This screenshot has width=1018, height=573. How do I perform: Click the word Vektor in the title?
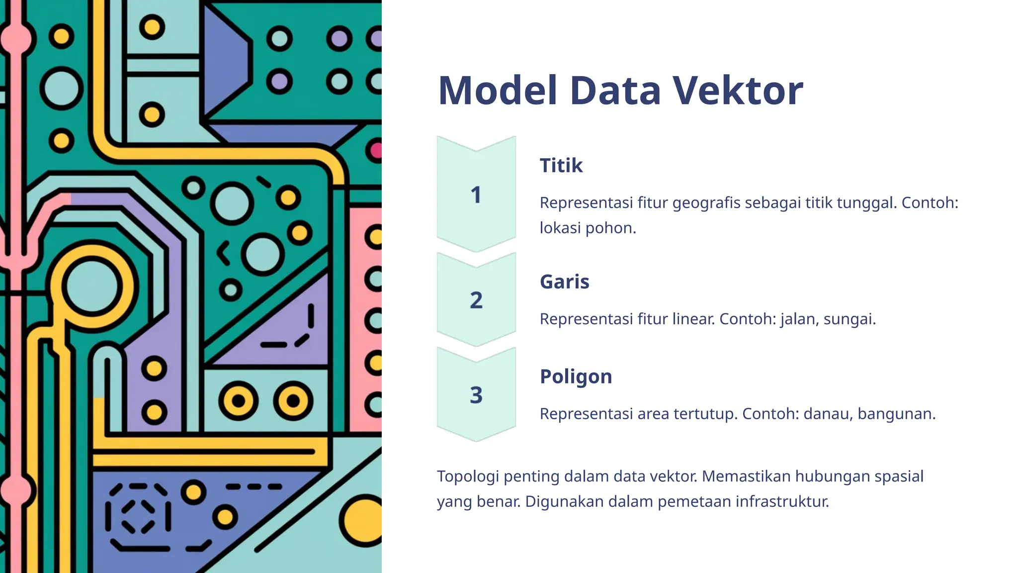point(738,91)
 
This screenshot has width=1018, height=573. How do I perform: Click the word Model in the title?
point(498,91)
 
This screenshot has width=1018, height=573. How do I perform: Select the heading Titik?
point(561,165)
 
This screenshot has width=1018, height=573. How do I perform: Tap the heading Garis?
point(564,282)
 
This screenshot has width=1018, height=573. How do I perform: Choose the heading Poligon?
point(576,377)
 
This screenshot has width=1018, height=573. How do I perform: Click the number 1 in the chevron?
point(476,195)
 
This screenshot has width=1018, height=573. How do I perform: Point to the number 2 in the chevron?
point(476,300)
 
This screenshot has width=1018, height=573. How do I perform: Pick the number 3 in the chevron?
point(476,395)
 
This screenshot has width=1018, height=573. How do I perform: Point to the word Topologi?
point(468,477)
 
